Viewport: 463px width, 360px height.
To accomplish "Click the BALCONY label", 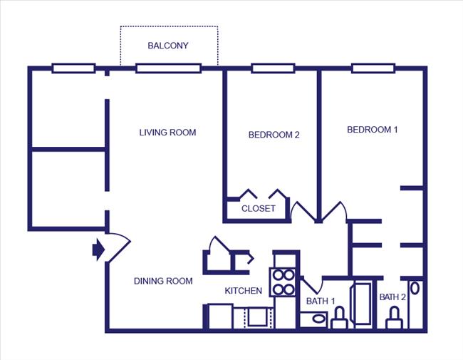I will tap(168, 46).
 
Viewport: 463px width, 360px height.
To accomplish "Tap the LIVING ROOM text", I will tap(167, 132).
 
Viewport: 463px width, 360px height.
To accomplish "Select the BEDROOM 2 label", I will tap(274, 135).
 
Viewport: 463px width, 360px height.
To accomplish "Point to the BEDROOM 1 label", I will tap(373, 130).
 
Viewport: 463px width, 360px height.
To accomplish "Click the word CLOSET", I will tap(258, 209).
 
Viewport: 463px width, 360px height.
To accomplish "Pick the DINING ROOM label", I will tap(163, 281).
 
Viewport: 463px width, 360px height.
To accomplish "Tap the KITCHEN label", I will tap(244, 291).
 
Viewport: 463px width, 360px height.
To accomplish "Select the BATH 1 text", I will tap(321, 301).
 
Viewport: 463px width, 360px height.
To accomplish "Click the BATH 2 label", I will tap(392, 297).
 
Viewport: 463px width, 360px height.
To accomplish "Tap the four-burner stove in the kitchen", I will tap(283, 282).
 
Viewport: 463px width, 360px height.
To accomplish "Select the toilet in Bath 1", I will tap(340, 318).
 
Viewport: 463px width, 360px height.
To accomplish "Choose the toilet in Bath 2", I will tap(393, 319).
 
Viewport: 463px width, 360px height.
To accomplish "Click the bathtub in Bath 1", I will tap(363, 305).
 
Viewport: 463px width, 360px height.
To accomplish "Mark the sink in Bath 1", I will tap(311, 319).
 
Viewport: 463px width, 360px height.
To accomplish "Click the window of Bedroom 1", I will tap(373, 68).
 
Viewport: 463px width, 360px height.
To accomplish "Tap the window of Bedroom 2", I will tap(273, 68).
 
